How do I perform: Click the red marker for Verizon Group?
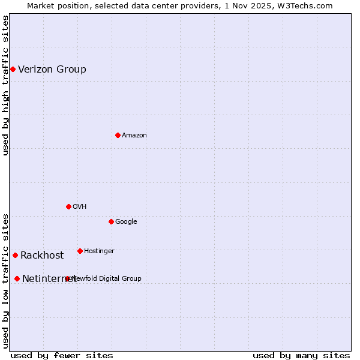point(13,69)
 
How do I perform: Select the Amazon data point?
point(118,135)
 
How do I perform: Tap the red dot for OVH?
point(68,206)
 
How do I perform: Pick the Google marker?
point(111,221)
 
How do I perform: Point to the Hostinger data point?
point(80,251)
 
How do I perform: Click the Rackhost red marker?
point(15,255)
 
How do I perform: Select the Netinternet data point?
point(17,278)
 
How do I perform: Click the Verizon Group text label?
point(52,69)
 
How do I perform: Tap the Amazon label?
point(134,135)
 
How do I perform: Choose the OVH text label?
point(80,206)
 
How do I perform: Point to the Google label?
point(126,221)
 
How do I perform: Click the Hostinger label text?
point(99,251)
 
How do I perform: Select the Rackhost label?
point(42,255)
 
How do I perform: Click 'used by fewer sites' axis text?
point(62,355)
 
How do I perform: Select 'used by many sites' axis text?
point(301,355)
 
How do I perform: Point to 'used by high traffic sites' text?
point(5,86)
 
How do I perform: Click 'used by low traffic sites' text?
point(5,281)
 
